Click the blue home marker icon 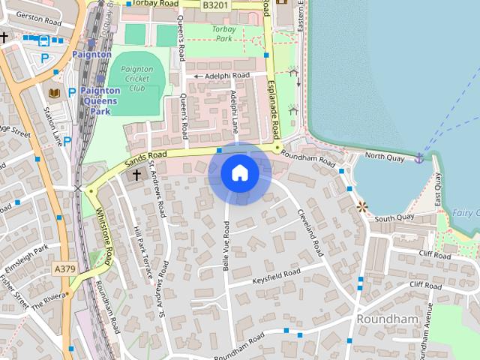[239, 173]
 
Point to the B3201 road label [215, 4]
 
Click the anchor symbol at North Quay [418, 157]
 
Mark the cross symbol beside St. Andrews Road [136, 175]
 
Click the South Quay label [394, 218]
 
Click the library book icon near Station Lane [53, 92]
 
